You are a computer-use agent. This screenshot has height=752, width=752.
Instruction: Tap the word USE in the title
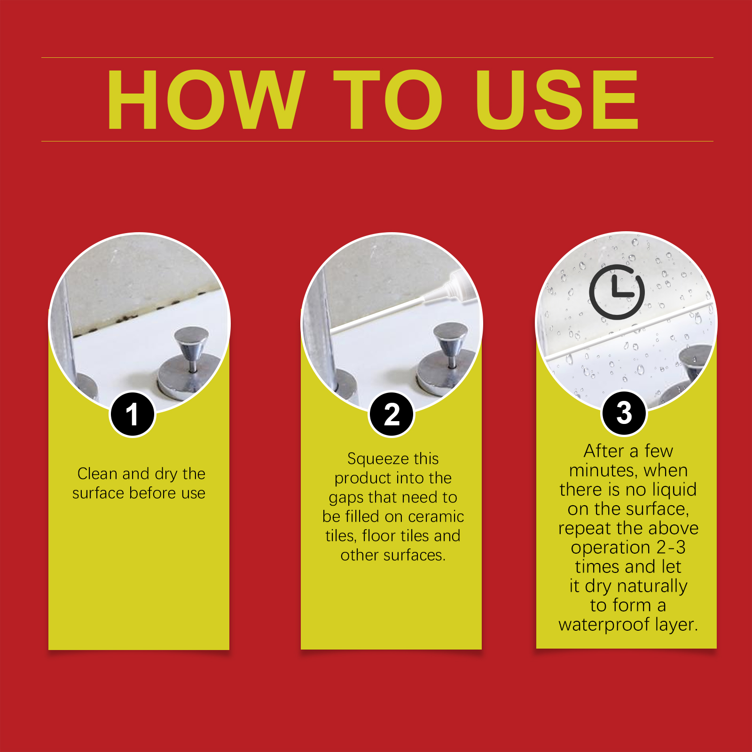point(556,100)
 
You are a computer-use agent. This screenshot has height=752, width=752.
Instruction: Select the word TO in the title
point(388,100)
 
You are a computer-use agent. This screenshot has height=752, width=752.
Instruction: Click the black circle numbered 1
point(133,414)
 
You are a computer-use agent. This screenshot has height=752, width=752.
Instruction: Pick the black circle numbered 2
point(392,414)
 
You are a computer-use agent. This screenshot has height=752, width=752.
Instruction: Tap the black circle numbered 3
point(624,413)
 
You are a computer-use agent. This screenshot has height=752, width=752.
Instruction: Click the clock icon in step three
point(617,292)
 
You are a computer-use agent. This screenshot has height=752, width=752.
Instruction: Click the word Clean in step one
point(98,474)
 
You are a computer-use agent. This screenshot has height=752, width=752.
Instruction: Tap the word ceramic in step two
point(436,517)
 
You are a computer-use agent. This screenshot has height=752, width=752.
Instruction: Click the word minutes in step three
point(602,471)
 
